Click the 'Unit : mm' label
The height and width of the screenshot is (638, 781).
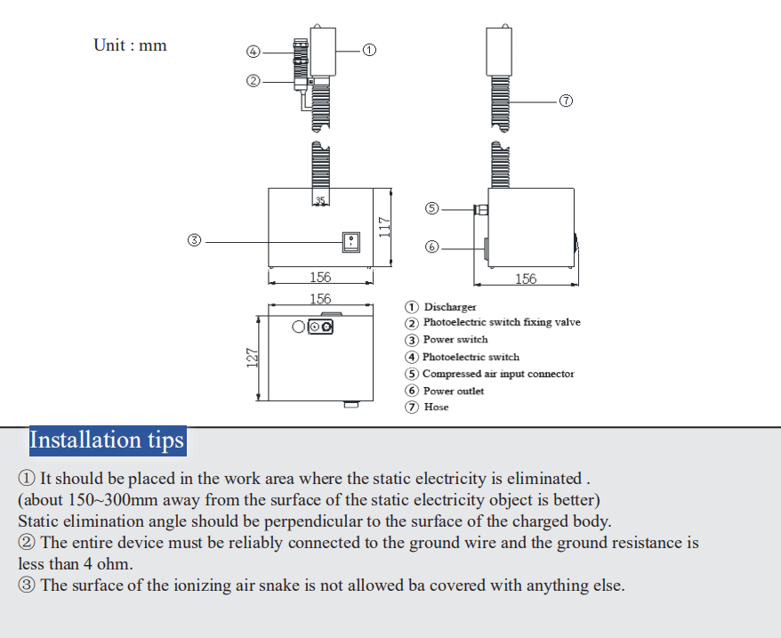(x=130, y=44)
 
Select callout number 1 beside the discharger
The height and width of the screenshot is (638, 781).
(x=369, y=50)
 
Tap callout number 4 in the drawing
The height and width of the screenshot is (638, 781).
(x=254, y=52)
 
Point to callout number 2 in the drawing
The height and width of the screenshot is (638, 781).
(x=254, y=81)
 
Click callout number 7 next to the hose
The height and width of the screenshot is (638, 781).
(x=566, y=101)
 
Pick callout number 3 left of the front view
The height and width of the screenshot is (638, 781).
(x=196, y=240)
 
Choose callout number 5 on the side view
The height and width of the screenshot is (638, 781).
(x=432, y=209)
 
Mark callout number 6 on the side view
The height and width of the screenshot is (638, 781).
(x=432, y=246)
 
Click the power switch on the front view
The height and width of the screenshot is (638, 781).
(x=352, y=240)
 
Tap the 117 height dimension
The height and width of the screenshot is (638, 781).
(x=383, y=227)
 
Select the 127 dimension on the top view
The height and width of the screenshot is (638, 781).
(x=252, y=358)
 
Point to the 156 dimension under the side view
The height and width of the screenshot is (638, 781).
(x=526, y=279)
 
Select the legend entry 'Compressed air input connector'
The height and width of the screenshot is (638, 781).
(x=498, y=374)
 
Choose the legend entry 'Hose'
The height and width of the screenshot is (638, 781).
(x=436, y=407)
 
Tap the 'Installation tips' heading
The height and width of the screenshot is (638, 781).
(x=107, y=440)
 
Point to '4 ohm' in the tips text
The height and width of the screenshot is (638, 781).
(x=107, y=563)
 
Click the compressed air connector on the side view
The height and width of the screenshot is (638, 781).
(x=480, y=210)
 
